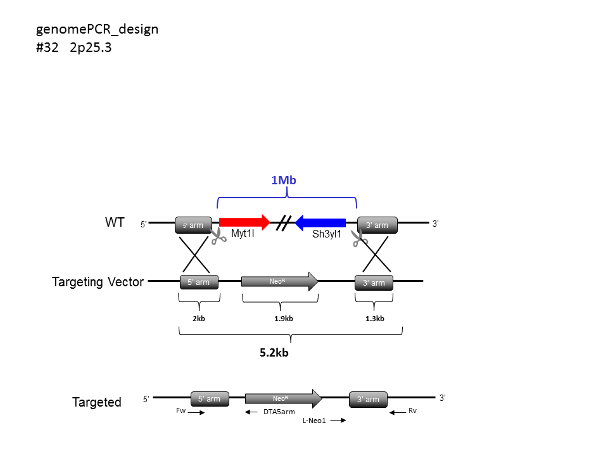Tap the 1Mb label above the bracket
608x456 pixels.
284,180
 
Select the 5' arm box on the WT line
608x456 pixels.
193,225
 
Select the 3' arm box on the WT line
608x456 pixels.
377,225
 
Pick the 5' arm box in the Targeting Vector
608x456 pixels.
199,282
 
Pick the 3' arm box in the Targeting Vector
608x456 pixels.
374,282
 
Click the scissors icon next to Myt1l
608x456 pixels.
218,236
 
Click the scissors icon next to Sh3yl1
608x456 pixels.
359,237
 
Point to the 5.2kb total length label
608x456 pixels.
274,353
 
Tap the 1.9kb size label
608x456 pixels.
283,319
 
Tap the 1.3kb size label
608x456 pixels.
375,319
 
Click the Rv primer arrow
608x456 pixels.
397,413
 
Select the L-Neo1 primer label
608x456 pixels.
313,421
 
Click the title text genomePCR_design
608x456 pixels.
98,29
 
